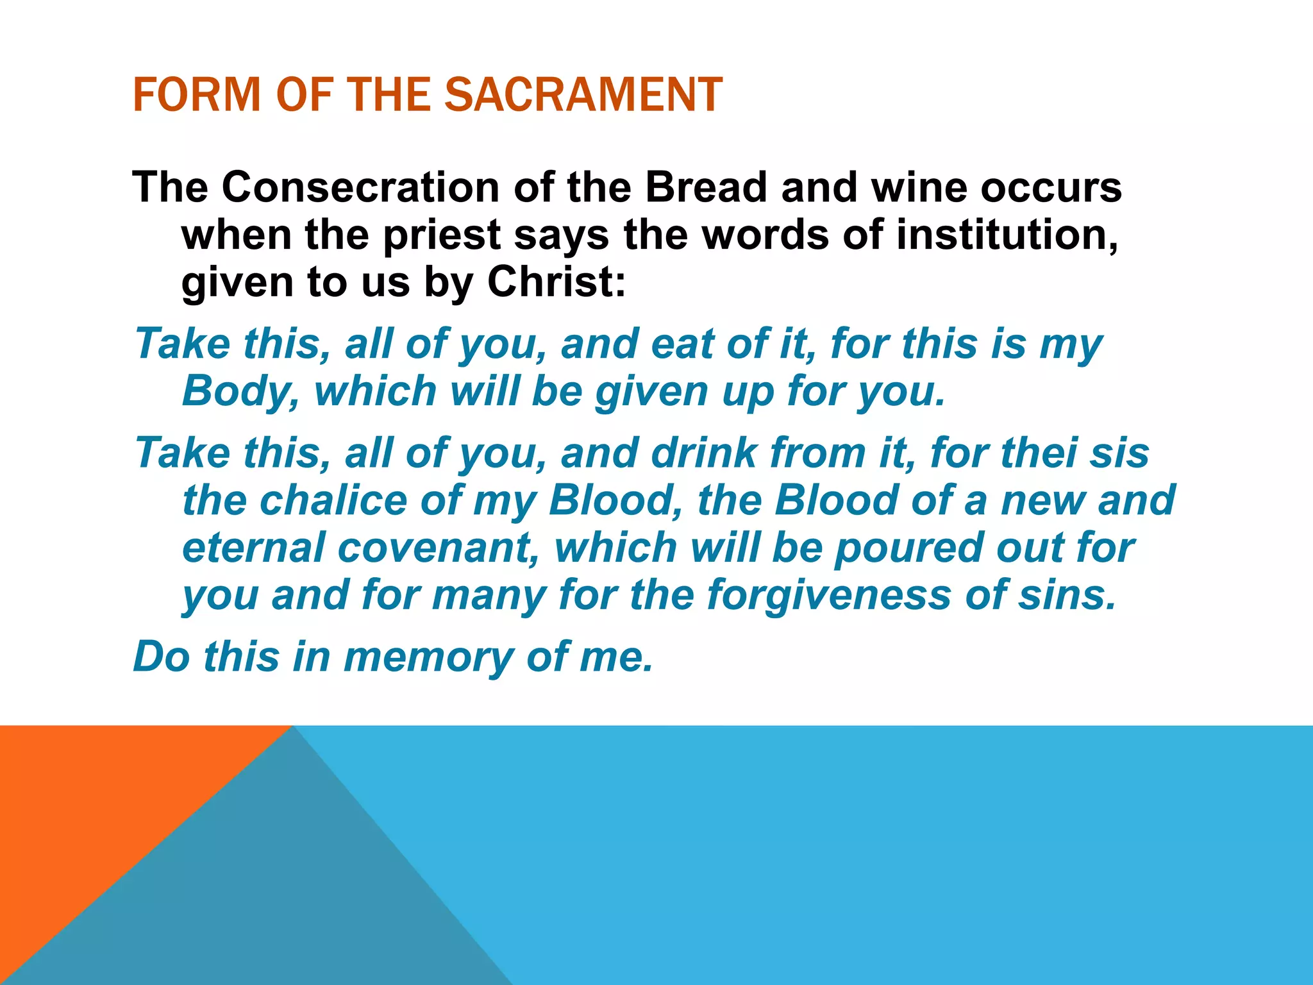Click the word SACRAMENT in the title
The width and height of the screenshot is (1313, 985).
583,95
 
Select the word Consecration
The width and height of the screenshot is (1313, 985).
361,187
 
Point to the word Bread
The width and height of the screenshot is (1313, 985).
705,187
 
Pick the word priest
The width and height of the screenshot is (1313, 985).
442,235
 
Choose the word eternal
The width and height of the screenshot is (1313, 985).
253,548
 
